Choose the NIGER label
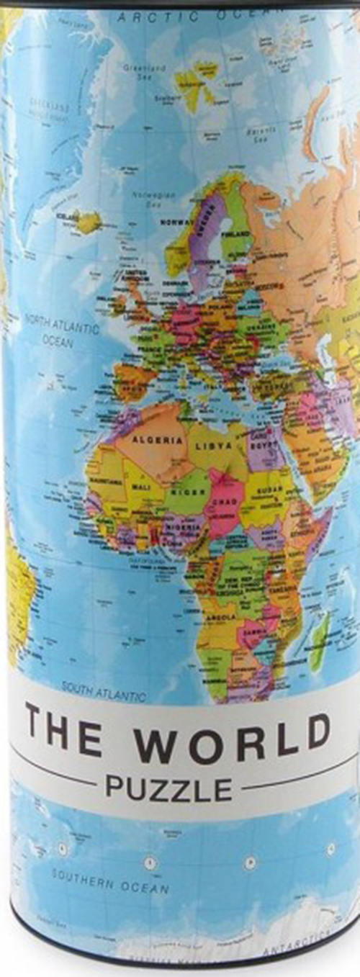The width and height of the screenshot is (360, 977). click(184, 492)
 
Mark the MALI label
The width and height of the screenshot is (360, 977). click(139, 487)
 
